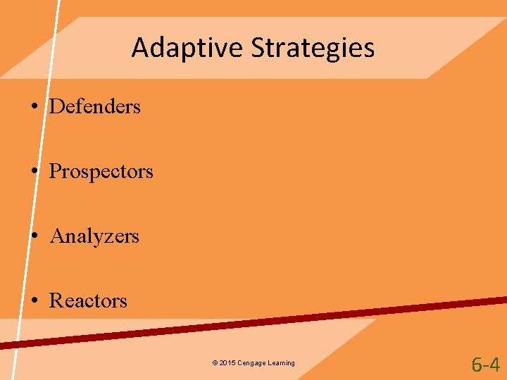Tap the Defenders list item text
coord(95,107)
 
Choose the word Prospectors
coord(101,172)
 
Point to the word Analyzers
coord(94,236)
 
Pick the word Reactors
coord(88,301)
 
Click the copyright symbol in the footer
coord(214,363)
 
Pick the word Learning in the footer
coord(280,363)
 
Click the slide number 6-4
coord(485,365)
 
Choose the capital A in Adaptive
coord(139,48)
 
